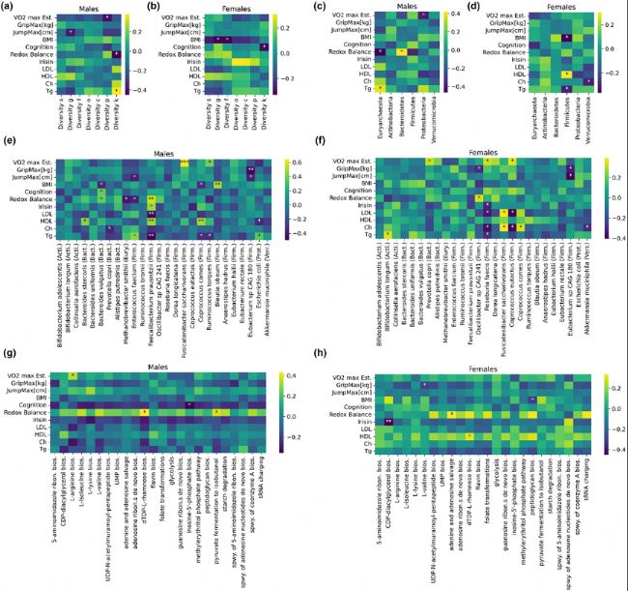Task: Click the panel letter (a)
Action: (x=10, y=9)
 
